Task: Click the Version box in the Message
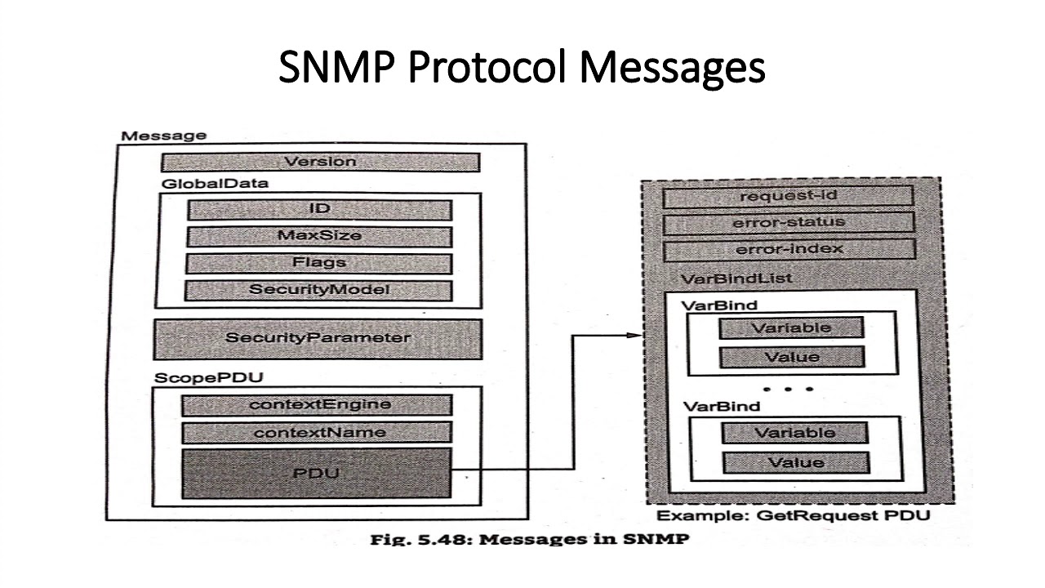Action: (321, 162)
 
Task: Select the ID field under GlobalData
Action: (319, 210)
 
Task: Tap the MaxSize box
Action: (319, 236)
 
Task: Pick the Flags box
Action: (318, 263)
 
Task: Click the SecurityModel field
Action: (318, 290)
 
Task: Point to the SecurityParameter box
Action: (318, 339)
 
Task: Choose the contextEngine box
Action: (317, 405)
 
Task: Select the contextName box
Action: (317, 433)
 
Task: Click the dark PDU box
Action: (316, 473)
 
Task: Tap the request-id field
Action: (788, 196)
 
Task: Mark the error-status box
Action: (789, 223)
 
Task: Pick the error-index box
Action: (789, 249)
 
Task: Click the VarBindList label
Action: (736, 278)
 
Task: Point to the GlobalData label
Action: (215, 184)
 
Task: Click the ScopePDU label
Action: (208, 377)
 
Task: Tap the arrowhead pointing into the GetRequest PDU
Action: (634, 335)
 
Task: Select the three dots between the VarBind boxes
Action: (788, 389)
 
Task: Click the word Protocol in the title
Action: (487, 67)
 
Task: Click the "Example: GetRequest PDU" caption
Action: (794, 515)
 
